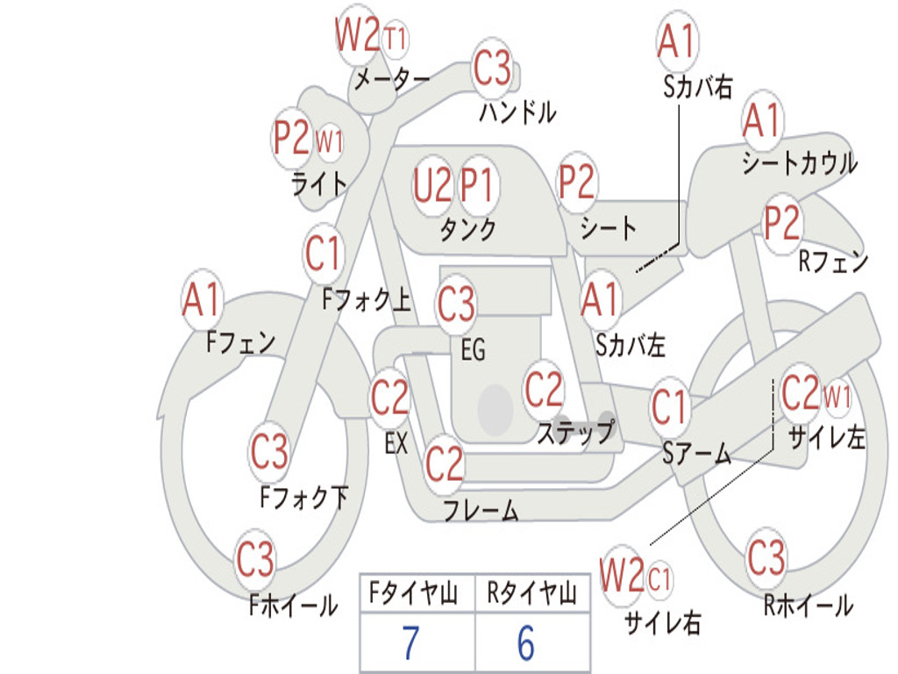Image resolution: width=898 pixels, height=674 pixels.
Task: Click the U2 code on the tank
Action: [x=432, y=186]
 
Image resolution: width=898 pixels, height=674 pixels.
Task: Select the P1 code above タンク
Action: [x=477, y=186]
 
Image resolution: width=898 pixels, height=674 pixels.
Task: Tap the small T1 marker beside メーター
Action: [x=395, y=39]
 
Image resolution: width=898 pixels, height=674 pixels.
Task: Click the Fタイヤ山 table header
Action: [x=414, y=593]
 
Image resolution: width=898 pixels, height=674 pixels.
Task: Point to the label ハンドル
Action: [x=517, y=111]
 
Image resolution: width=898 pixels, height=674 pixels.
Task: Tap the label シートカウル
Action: [x=800, y=162]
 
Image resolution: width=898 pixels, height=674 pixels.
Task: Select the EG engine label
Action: [x=473, y=349]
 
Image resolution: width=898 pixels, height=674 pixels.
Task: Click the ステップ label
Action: [x=575, y=431]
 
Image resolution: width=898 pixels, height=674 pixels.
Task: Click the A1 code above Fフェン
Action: [x=201, y=299]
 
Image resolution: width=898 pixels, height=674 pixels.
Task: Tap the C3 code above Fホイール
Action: [x=254, y=559]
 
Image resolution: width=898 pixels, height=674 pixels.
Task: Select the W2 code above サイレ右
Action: [x=622, y=575]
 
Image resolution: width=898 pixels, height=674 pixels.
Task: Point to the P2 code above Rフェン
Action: [x=781, y=223]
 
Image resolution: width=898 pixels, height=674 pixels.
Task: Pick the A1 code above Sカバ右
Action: [x=677, y=41]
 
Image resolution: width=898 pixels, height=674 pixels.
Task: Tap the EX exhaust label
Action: [x=396, y=443]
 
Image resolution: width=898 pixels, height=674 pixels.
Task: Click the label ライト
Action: [x=319, y=184]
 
